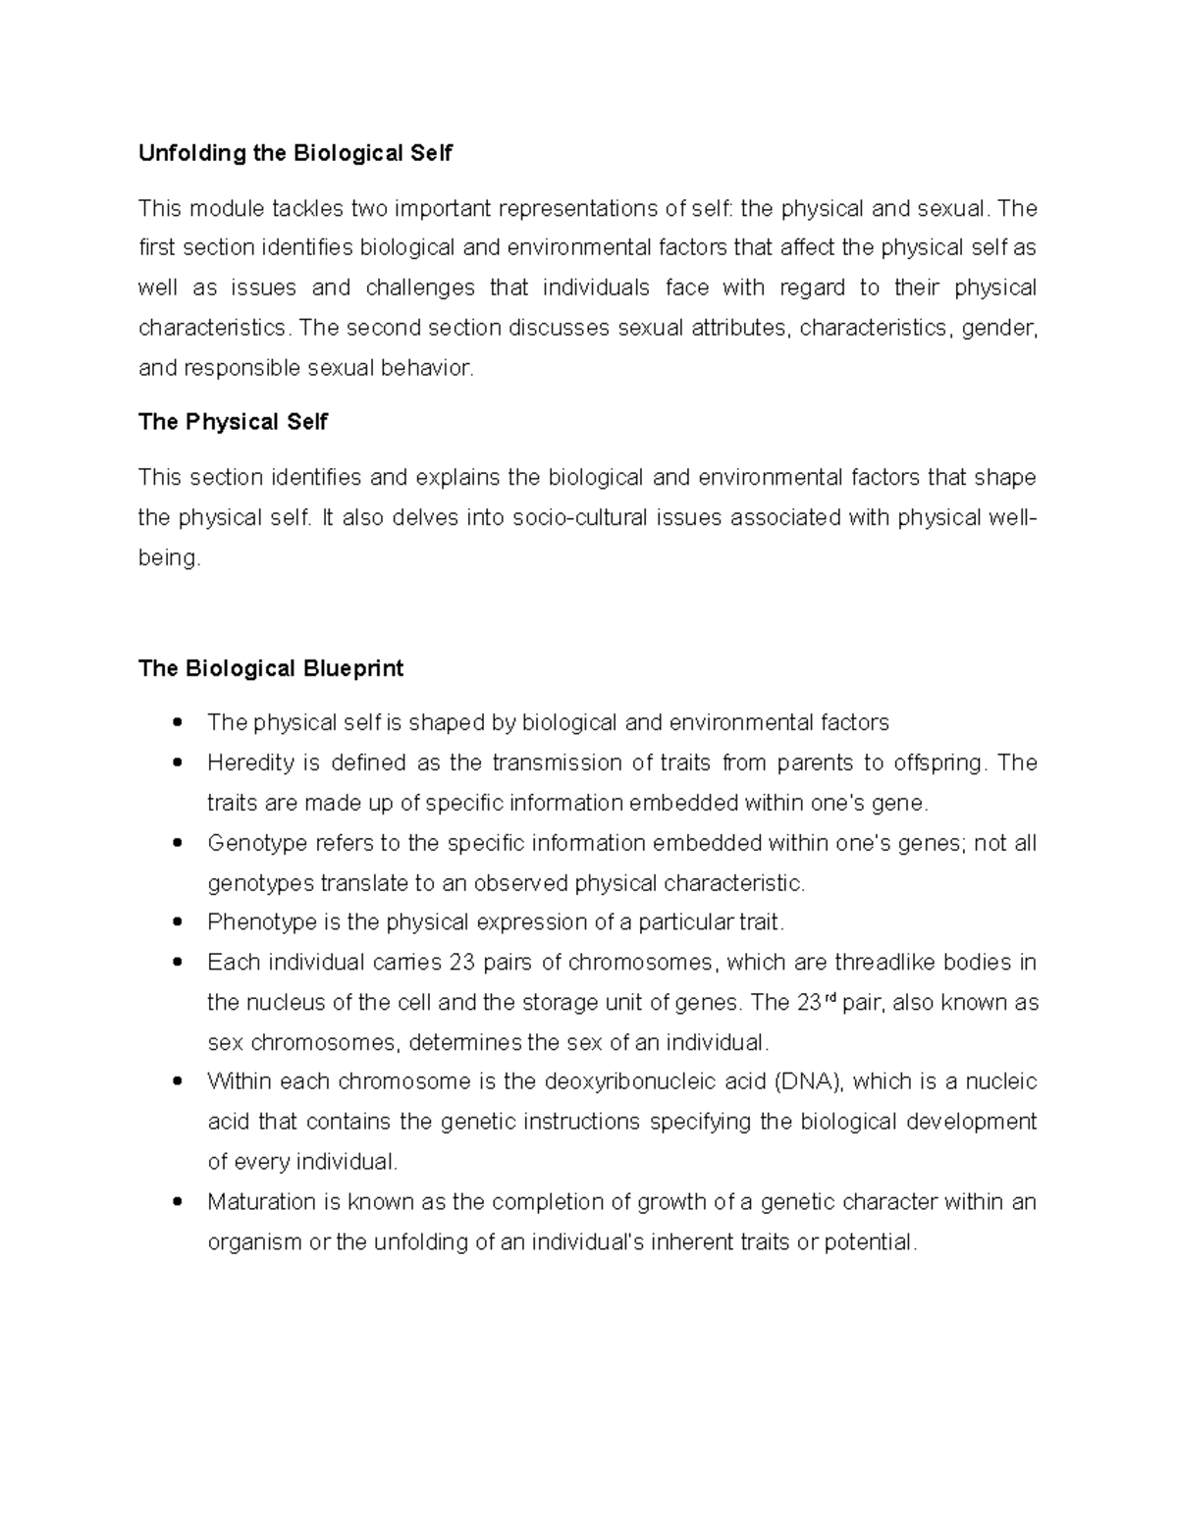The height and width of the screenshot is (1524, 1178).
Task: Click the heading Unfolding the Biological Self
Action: point(295,154)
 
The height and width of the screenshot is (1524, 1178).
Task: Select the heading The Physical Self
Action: point(233,423)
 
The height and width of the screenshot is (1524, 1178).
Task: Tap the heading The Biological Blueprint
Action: point(271,669)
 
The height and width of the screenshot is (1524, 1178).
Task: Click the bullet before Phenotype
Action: point(178,922)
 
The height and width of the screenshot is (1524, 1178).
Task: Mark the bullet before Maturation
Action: point(178,1202)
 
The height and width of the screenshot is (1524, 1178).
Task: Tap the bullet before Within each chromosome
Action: point(178,1082)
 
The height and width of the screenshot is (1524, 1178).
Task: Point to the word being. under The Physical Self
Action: point(169,558)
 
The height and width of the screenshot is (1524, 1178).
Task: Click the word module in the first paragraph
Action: point(227,209)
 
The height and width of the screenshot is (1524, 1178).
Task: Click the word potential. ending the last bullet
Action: point(871,1242)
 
